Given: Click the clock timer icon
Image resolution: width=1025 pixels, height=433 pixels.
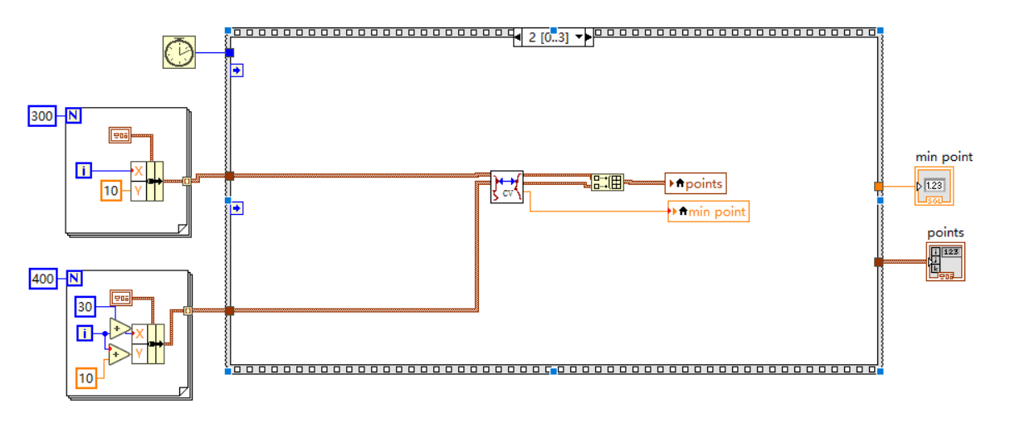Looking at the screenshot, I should [178, 52].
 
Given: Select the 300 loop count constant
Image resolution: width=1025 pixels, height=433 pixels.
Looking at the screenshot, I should [41, 116].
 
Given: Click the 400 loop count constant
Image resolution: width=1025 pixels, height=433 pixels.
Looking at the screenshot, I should [41, 279].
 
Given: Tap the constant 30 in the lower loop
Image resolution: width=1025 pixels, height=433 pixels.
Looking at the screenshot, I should [85, 307].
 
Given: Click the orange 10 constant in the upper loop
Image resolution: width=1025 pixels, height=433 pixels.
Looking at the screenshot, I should [111, 191].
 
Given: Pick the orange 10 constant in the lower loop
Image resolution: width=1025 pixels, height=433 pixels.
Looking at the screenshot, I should [85, 378].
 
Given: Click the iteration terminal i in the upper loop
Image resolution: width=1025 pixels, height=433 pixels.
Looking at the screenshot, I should [84, 171].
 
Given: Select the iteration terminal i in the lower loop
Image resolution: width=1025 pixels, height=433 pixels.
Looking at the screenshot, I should [84, 333].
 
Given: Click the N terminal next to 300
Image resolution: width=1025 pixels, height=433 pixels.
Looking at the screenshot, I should [73, 116].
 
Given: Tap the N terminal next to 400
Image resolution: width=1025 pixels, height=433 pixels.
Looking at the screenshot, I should [73, 279].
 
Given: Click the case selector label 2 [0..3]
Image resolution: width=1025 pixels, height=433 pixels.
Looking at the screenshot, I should [549, 37].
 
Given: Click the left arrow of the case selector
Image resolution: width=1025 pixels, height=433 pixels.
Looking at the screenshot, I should [520, 37].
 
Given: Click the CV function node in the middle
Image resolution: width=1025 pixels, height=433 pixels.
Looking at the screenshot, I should [506, 187].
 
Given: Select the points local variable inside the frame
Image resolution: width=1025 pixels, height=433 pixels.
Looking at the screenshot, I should [696, 183].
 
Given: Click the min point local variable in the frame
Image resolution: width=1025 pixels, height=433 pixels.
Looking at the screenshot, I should [708, 212].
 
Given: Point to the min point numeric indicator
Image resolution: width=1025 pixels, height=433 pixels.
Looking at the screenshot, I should [934, 186].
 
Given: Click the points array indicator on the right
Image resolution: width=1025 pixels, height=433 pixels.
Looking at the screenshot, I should [945, 262].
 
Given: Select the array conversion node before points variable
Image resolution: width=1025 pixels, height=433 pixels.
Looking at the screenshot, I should [607, 182].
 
